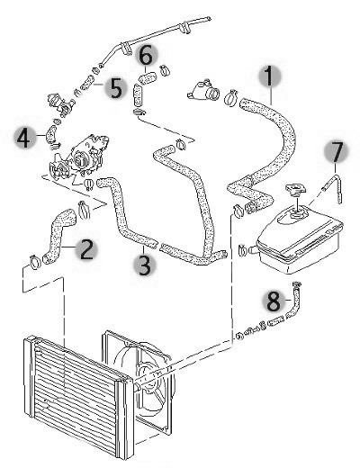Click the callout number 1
(x=269, y=76)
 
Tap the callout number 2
(x=86, y=250)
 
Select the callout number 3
(x=145, y=265)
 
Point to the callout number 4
(x=24, y=138)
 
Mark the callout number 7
(x=337, y=152)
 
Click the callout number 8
(x=274, y=301)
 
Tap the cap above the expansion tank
(x=295, y=189)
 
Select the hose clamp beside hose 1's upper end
(x=231, y=97)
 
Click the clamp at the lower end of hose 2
(x=35, y=262)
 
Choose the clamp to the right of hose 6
(x=164, y=70)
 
